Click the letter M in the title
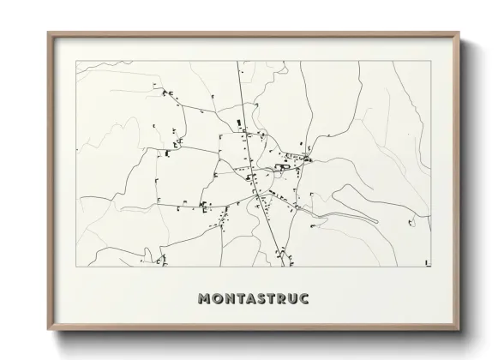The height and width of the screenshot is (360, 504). [204, 299]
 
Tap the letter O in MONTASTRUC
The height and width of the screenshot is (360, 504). [218, 299]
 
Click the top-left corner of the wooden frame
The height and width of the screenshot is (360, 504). [48, 33]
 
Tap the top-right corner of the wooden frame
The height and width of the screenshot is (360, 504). [459, 33]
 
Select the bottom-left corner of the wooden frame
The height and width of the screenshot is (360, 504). [48, 332]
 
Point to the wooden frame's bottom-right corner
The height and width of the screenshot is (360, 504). [459, 332]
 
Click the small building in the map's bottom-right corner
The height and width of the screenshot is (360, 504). [426, 261]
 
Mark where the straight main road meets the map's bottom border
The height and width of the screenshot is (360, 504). [282, 267]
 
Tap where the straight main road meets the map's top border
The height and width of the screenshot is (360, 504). [238, 61]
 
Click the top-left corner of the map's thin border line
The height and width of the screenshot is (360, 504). [77, 61]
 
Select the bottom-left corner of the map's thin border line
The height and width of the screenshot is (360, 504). [77, 267]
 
